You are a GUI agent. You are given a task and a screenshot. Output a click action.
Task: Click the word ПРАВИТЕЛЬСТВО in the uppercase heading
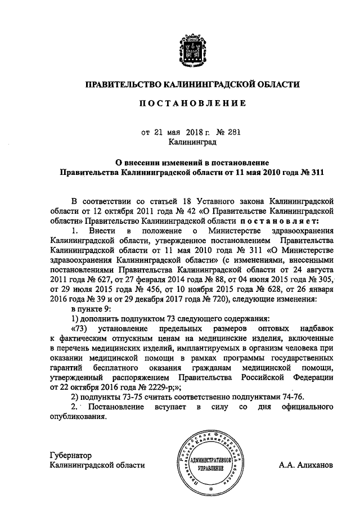[122, 85]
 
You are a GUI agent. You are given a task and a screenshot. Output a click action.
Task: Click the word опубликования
[78, 417]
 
